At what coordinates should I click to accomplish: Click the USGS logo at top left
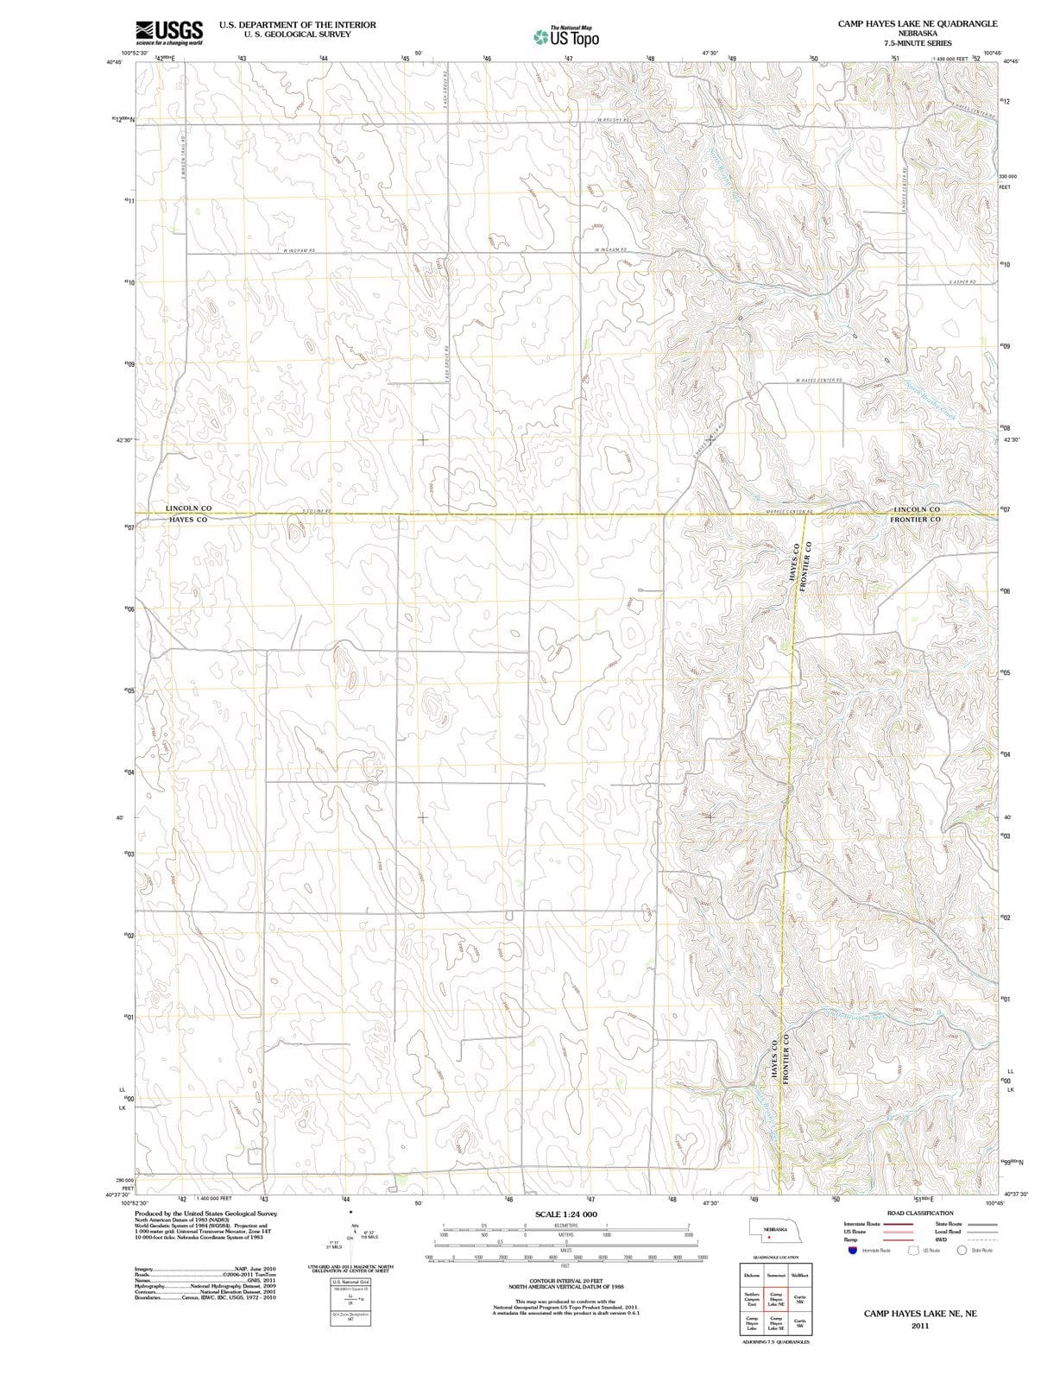[169, 33]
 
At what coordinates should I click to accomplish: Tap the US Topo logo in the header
[565, 37]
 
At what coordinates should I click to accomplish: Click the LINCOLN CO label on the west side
[188, 508]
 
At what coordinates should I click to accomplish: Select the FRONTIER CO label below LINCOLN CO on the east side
[915, 520]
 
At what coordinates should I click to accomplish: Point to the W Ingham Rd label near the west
[299, 250]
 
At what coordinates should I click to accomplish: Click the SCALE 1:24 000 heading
[565, 1214]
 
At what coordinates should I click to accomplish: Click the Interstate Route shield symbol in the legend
[851, 1250]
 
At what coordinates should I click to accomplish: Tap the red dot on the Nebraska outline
[768, 1238]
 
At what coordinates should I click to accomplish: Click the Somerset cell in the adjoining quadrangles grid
[775, 1275]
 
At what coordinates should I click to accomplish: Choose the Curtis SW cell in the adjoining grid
[799, 1323]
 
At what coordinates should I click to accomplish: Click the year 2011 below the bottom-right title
[919, 1327]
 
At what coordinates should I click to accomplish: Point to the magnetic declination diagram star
[350, 1213]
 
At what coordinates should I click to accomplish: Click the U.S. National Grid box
[350, 1283]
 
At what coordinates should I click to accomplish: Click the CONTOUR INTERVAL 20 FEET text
[565, 1282]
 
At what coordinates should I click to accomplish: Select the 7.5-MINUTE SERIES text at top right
[917, 42]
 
